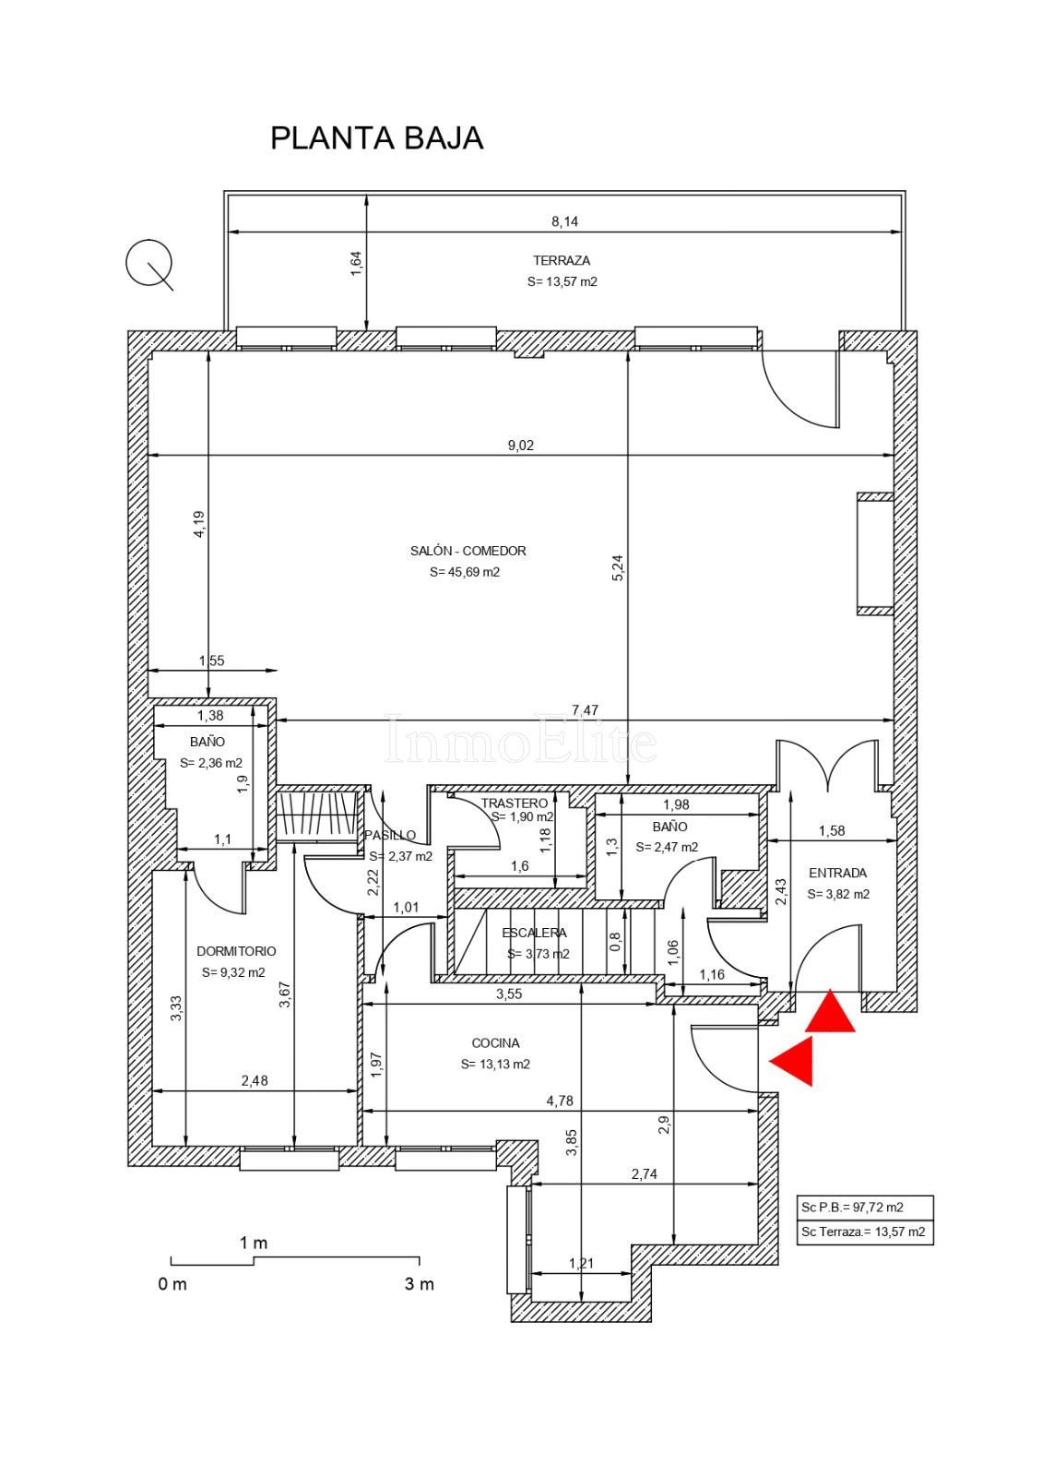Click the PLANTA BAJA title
click(377, 138)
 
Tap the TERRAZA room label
click(562, 260)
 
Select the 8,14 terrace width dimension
click(564, 221)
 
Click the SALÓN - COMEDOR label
click(468, 551)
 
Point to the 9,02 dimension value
click(520, 446)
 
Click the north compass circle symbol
click(148, 263)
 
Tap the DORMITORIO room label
click(236, 951)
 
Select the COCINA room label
click(495, 1043)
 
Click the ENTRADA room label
click(838, 873)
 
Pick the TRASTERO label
click(515, 803)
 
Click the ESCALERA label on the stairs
click(534, 933)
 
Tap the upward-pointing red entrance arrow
click(830, 1010)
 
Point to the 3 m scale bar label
click(419, 1283)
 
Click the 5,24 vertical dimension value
click(617, 567)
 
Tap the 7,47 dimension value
click(585, 709)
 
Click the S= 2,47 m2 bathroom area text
click(667, 847)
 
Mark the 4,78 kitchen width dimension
click(560, 1101)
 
